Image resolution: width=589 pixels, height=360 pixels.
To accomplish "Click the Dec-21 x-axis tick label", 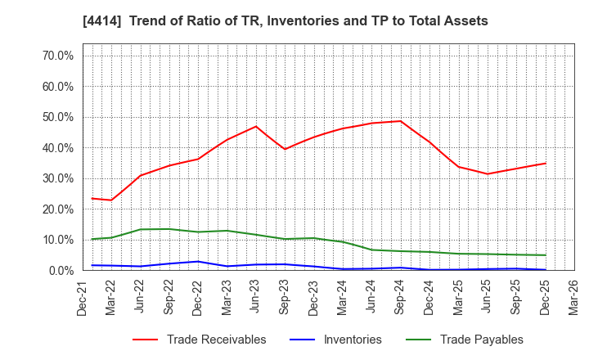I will (x=83, y=296).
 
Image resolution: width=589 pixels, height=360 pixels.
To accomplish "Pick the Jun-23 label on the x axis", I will (x=256, y=296).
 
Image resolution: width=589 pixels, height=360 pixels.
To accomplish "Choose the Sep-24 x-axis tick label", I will (x=400, y=296).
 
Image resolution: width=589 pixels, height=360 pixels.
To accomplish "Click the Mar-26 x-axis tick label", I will (x=573, y=296).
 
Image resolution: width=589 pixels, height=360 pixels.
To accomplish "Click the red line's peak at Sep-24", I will (x=400, y=121).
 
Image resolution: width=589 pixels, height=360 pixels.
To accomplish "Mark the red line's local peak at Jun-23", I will (x=256, y=126).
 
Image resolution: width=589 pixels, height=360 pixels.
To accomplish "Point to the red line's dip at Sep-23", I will (x=285, y=149).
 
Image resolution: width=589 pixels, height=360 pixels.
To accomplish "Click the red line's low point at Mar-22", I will (x=112, y=200).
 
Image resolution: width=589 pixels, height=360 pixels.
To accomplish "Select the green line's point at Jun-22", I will (x=141, y=229).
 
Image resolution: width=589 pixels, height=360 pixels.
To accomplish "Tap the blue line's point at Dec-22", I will (x=198, y=261).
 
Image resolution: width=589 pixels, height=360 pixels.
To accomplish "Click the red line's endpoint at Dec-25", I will (x=545, y=163).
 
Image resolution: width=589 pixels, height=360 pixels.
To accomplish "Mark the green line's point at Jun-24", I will (x=371, y=250).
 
